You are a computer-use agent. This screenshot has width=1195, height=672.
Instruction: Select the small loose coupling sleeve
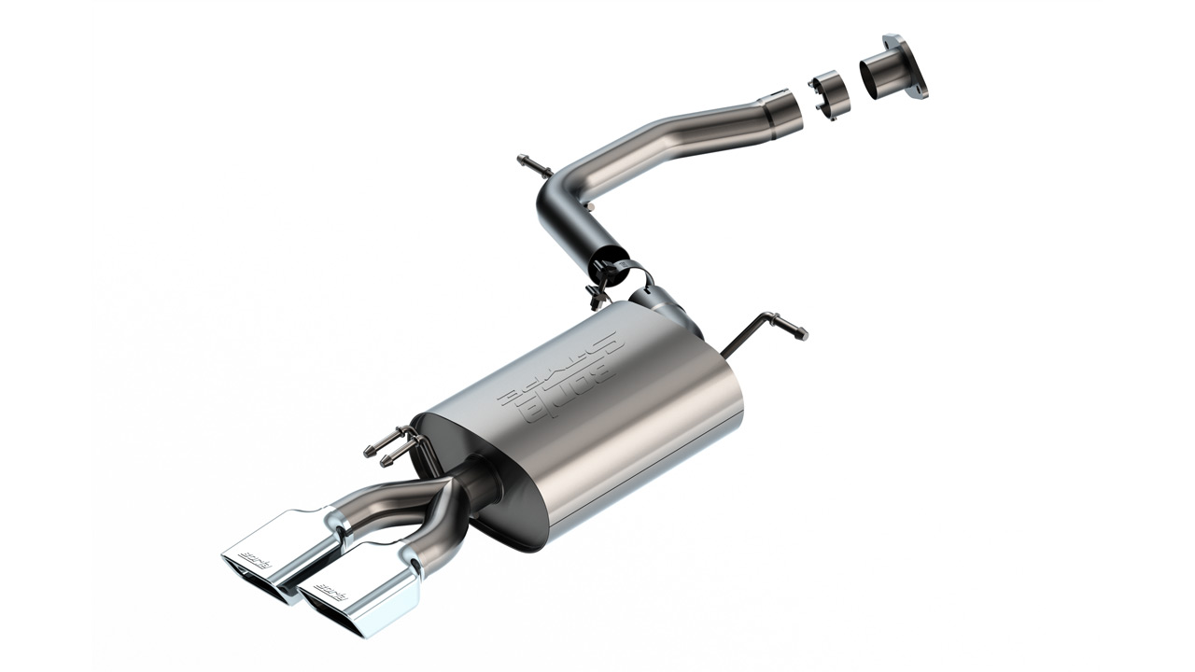[827, 94]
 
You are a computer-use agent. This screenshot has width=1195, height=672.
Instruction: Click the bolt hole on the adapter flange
[921, 88]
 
